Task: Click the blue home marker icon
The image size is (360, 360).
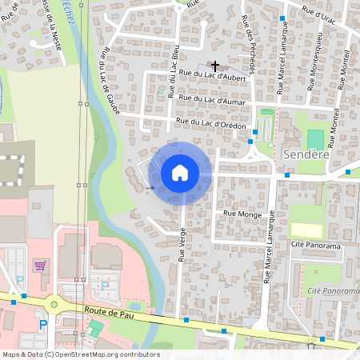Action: pyautogui.click(x=180, y=173)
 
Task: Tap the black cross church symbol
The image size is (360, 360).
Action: pyautogui.click(x=214, y=66)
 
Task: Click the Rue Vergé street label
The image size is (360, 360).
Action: pyautogui.click(x=182, y=243)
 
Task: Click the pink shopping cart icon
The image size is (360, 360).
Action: pyautogui.click(x=39, y=264)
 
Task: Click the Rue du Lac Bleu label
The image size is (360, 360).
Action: pyautogui.click(x=173, y=79)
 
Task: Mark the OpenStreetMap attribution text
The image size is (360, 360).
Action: pyautogui.click(x=81, y=354)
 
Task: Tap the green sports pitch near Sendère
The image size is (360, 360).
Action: pyautogui.click(x=315, y=138)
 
